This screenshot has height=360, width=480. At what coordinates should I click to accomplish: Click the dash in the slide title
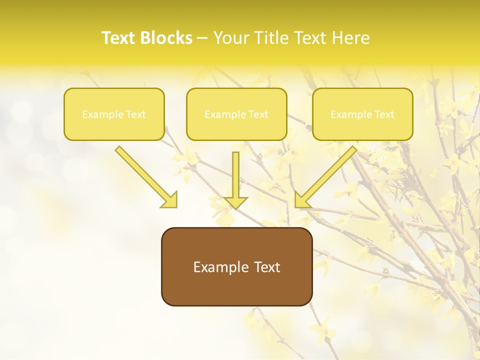pyautogui.click(x=202, y=38)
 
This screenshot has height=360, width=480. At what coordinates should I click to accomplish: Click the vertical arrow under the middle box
pyautogui.click(x=235, y=175)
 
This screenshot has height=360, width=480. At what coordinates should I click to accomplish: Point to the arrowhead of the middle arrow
pyautogui.click(x=235, y=202)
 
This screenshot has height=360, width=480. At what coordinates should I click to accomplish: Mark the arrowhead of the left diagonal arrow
pyautogui.click(x=170, y=200)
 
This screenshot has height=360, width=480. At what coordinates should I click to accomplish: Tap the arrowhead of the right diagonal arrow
pyautogui.click(x=302, y=200)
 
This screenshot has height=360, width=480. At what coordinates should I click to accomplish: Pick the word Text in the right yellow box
pyautogui.click(x=384, y=114)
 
